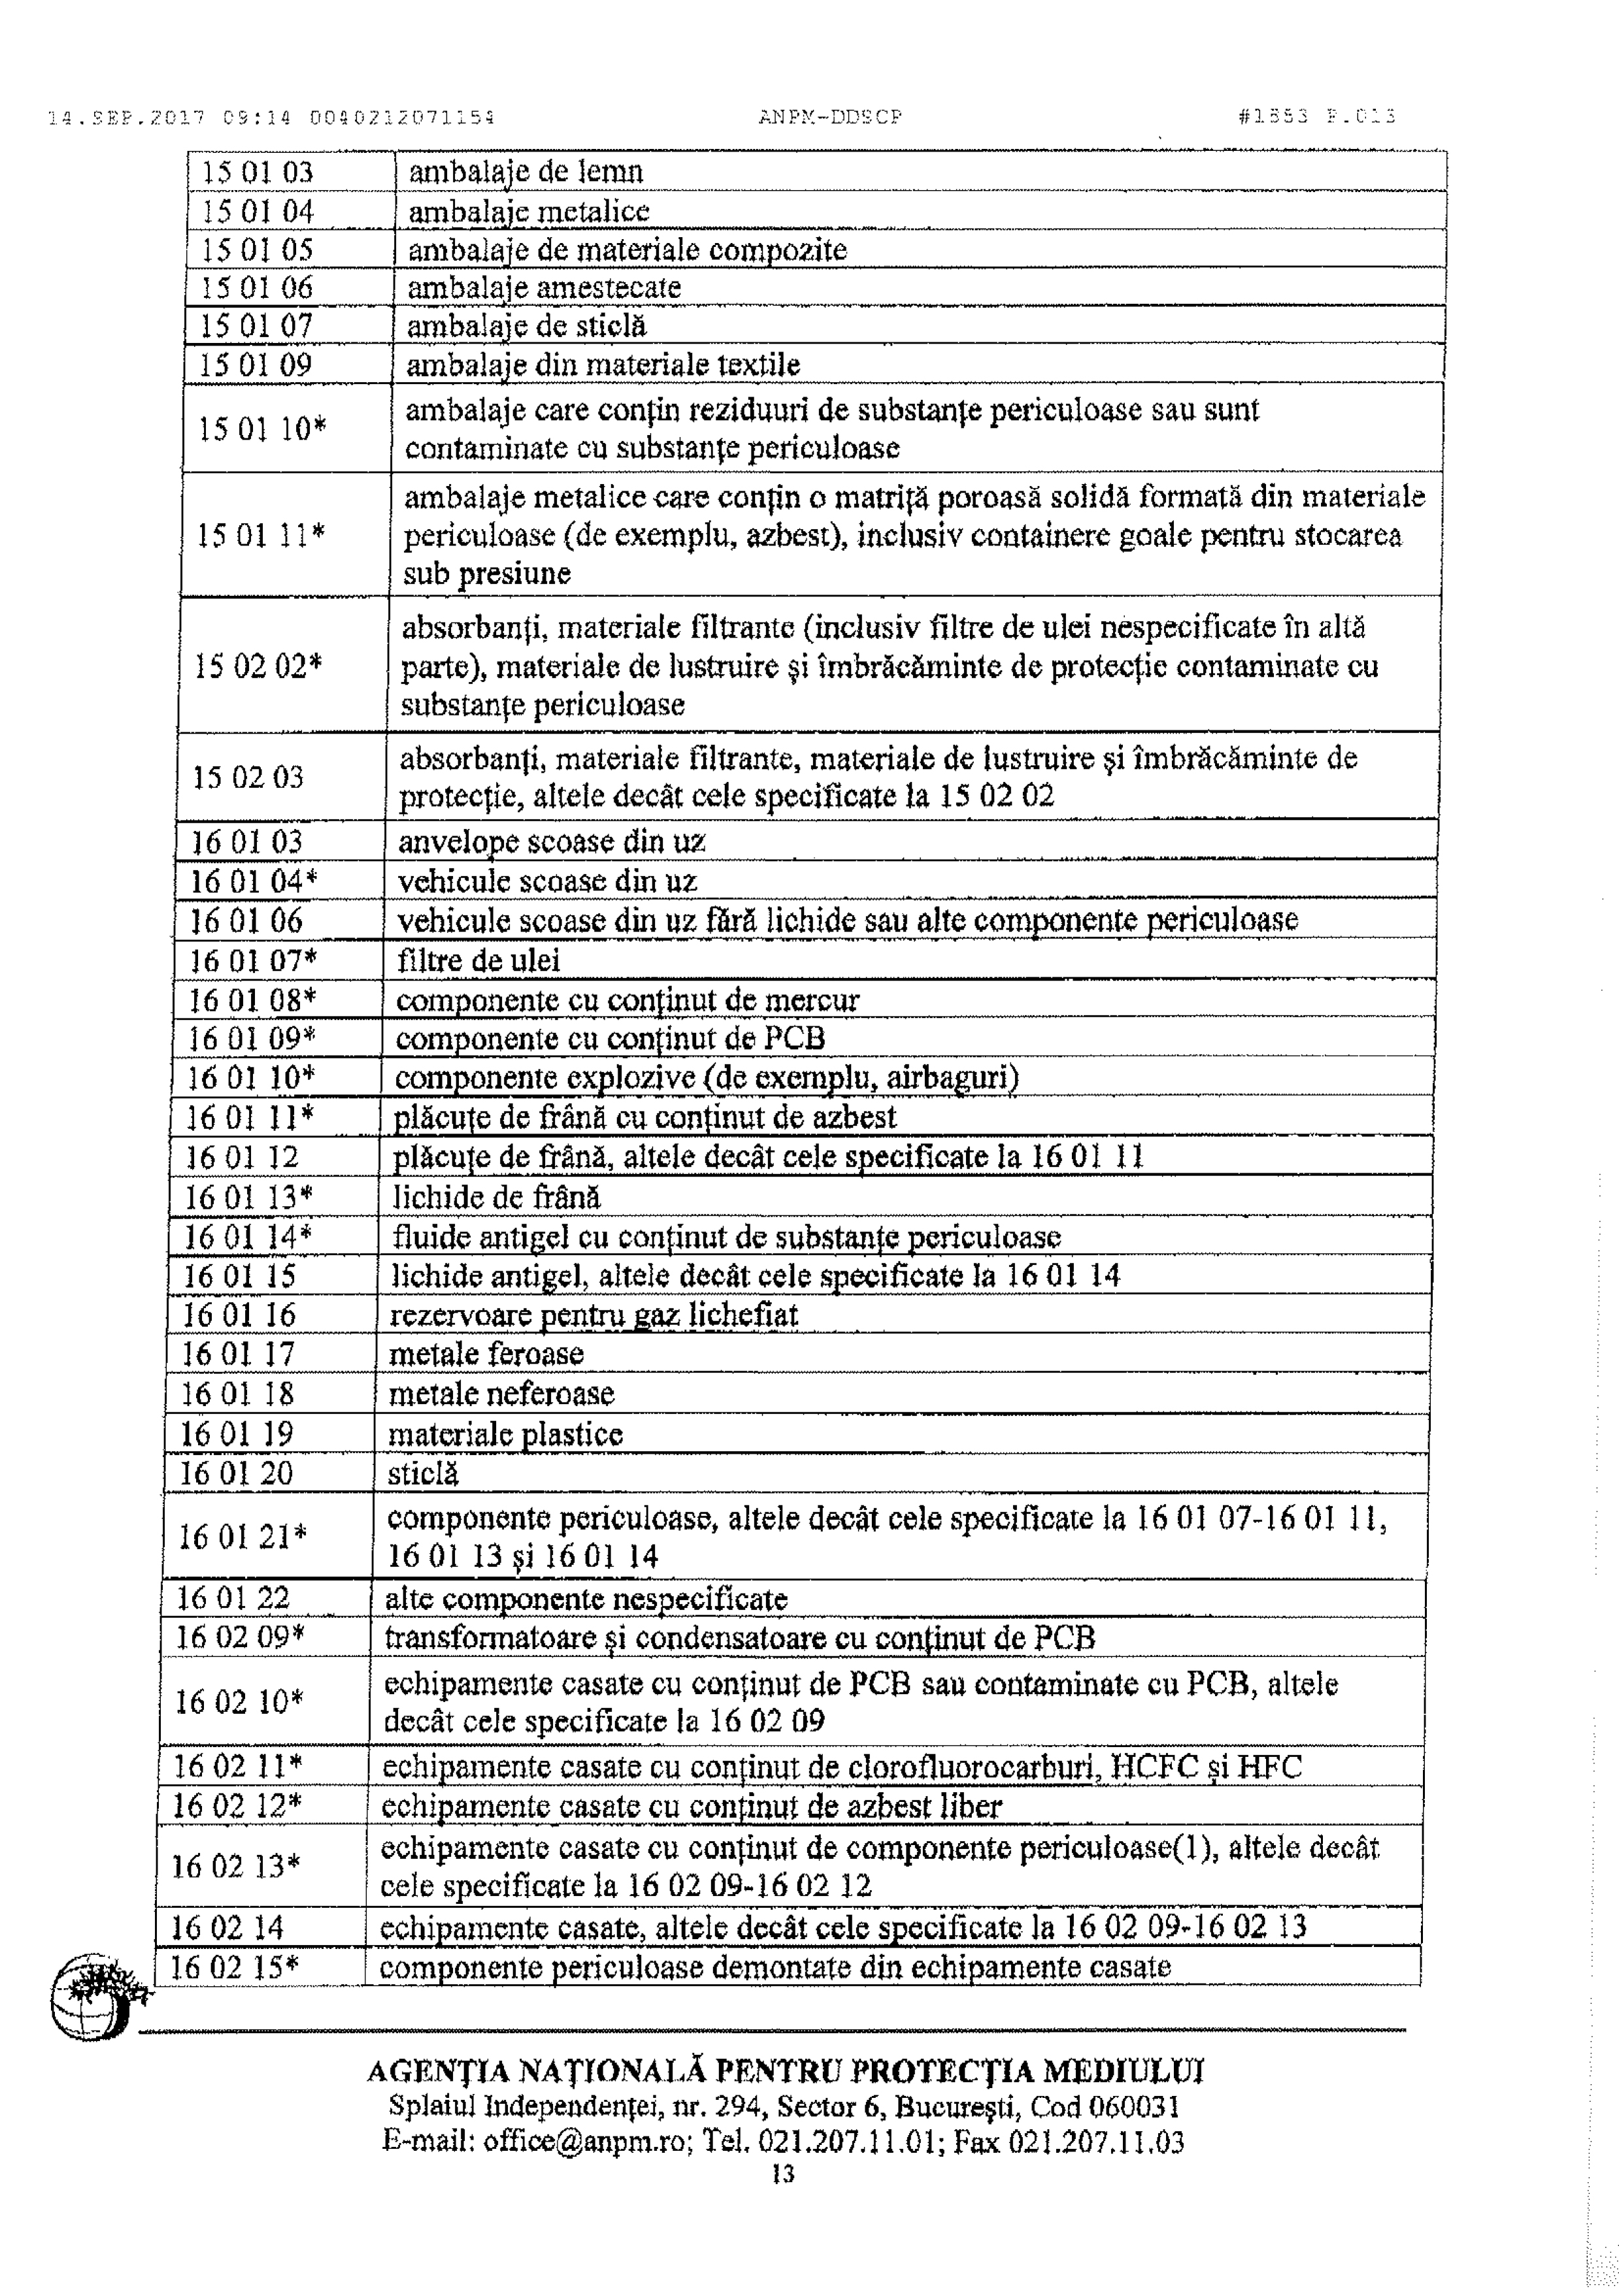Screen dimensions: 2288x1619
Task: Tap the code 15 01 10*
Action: coord(262,429)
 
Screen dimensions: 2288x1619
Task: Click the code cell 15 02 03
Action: coord(248,777)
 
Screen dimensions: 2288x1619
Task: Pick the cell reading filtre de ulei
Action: coord(478,960)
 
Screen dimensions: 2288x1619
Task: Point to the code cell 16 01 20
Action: coord(236,1473)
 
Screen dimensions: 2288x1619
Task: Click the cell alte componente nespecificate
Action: coord(586,1599)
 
